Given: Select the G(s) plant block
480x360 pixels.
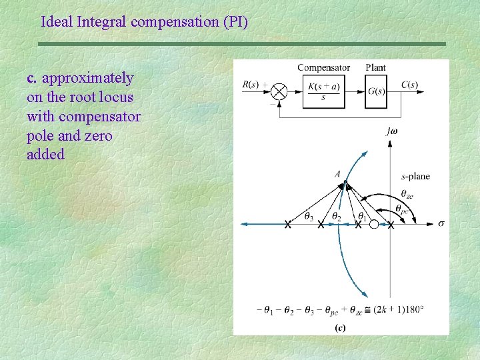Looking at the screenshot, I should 376,91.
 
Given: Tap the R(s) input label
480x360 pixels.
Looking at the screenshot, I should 251,85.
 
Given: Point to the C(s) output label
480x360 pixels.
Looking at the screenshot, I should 410,85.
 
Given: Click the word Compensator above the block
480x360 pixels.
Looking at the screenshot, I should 323,67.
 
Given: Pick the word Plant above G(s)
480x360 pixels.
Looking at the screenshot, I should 376,67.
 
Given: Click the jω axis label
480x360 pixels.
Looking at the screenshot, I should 392,131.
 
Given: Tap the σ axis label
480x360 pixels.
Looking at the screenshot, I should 441,223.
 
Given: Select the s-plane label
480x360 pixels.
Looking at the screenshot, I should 415,176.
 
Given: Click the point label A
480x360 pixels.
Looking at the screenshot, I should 338,174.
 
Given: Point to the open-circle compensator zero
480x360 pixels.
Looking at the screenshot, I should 374,225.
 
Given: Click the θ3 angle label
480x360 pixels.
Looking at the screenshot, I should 309,216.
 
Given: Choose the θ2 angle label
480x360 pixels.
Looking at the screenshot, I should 337,217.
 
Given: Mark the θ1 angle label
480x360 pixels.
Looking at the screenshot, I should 362,216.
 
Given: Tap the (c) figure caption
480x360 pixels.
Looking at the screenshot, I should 340,327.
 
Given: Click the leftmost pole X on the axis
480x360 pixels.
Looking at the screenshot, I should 287,225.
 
